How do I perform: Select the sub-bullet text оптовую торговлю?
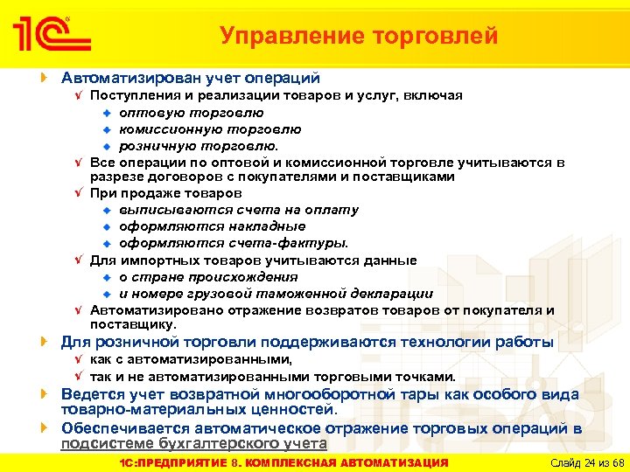[192, 113]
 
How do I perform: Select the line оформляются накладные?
[213, 227]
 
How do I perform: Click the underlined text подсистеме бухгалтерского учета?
[193, 444]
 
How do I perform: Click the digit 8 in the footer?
[248, 462]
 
